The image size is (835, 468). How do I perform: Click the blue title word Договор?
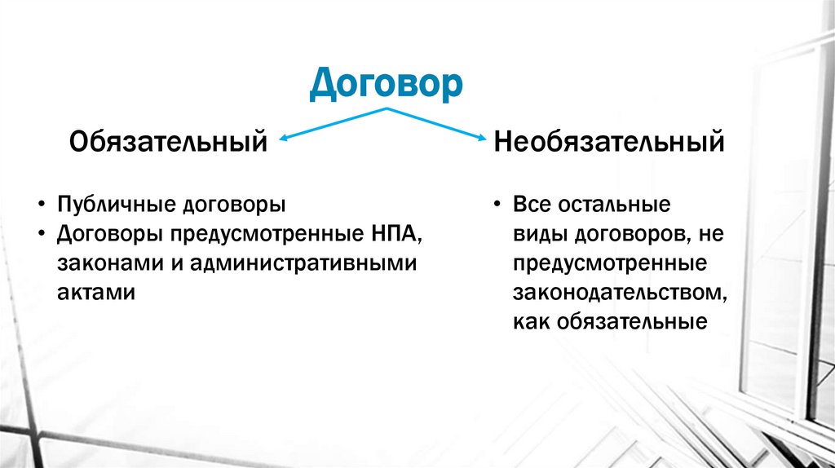click(x=386, y=84)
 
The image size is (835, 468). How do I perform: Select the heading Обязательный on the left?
click(x=169, y=142)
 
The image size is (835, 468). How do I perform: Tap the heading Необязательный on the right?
click(x=608, y=142)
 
